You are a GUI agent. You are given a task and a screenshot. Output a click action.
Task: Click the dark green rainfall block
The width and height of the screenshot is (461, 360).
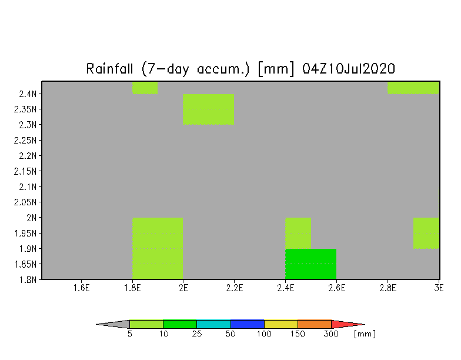[x=310, y=264]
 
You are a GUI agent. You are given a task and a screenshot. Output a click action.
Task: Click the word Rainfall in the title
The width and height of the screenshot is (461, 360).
[x=109, y=69]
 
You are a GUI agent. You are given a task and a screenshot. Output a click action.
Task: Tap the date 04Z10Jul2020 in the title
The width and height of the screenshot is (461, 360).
[x=348, y=69]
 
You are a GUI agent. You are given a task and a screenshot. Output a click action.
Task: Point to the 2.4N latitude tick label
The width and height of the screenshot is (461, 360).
[x=28, y=94]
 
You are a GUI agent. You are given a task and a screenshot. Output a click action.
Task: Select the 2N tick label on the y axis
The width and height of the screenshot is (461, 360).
[x=32, y=218]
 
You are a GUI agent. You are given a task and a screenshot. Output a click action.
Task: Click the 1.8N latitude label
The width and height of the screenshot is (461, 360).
[x=28, y=279]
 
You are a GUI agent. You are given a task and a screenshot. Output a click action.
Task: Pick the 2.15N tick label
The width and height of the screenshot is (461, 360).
[x=25, y=171]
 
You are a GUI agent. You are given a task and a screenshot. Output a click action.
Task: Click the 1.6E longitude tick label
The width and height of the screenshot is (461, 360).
[x=81, y=288]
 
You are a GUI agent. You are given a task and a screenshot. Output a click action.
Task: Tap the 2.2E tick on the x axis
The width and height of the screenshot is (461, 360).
[x=235, y=288]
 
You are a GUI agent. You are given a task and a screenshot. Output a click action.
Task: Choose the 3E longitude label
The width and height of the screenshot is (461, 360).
[x=439, y=288]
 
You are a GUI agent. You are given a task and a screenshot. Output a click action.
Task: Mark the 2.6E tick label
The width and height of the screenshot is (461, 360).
[x=336, y=288]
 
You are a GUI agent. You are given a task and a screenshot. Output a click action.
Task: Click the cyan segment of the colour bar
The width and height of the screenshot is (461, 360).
[x=214, y=324]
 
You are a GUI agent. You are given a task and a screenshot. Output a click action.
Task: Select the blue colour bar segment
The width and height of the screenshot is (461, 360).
[x=247, y=324]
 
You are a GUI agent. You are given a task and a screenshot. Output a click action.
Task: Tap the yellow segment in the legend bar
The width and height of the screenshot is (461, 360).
[x=281, y=324]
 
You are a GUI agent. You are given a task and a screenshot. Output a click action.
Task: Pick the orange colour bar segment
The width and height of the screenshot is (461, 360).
[x=315, y=324]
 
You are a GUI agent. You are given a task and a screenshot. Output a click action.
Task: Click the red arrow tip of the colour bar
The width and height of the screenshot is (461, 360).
[x=365, y=325]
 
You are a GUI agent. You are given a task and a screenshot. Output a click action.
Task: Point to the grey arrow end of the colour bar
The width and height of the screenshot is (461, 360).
[x=96, y=325]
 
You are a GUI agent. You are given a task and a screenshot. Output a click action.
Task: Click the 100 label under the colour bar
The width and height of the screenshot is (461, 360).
[x=264, y=334]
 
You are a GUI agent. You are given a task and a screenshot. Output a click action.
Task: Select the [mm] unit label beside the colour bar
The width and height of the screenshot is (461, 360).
[x=365, y=334]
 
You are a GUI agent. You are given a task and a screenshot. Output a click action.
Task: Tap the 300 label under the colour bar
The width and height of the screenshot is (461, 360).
[x=331, y=334]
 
